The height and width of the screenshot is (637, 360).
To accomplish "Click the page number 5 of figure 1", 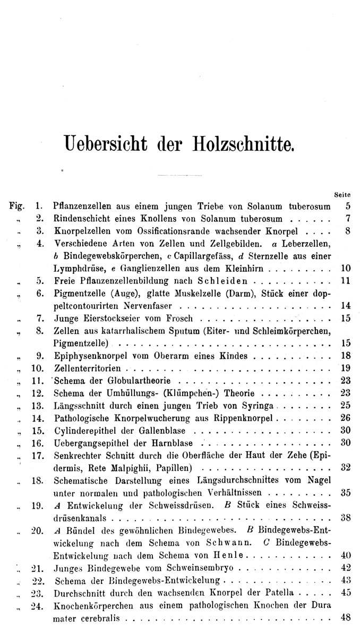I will (x=347, y=205).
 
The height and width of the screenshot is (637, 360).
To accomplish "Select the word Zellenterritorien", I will (x=89, y=368).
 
